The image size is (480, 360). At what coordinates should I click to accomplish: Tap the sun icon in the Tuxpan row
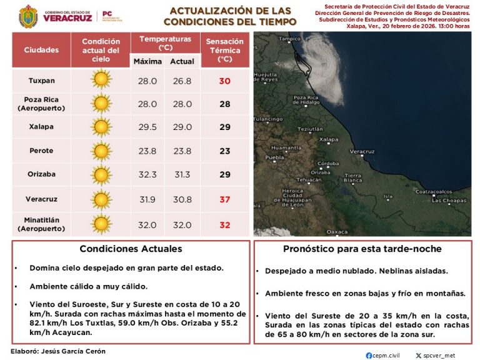coord(101,80)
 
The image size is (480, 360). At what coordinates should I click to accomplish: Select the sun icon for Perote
coord(101,151)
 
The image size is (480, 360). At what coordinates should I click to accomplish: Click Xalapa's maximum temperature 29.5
coord(147,127)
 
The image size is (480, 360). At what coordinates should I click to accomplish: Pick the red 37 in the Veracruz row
coord(225,199)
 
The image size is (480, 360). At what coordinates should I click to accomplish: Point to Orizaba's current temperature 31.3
coord(182,174)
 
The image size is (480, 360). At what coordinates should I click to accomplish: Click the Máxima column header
coord(148,61)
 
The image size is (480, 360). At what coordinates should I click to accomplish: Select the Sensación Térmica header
coord(225,50)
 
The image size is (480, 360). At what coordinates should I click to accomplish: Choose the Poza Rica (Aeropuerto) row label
coord(41,103)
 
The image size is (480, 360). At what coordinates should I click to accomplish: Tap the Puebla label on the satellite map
coord(275,157)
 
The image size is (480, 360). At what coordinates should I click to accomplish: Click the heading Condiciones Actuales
coord(131,249)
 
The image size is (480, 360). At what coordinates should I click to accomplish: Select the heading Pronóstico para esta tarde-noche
coord(362,249)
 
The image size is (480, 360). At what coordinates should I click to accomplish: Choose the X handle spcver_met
coord(439,355)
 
